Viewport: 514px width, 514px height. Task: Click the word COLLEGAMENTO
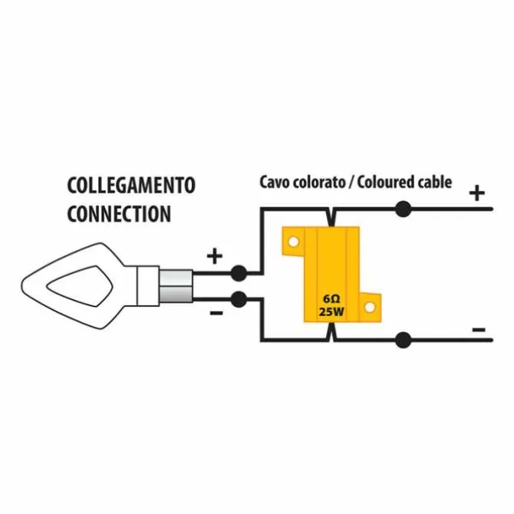131,185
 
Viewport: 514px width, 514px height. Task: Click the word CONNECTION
119,214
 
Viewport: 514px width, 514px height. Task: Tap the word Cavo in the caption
274,183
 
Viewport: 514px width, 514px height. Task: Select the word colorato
318,183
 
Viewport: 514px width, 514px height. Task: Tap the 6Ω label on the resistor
331,299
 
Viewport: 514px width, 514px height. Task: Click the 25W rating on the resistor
331,311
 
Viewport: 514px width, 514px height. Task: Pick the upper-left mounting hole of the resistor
293,242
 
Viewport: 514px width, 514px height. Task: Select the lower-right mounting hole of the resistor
370,308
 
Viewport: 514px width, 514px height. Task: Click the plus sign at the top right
477,193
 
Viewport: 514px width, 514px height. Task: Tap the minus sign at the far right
479,329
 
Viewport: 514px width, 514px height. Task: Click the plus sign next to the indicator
215,256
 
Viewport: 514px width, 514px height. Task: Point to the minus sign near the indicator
216,313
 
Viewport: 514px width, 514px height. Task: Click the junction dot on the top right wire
403,209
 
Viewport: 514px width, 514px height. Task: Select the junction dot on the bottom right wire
403,340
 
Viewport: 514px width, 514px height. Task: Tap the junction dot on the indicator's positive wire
239,273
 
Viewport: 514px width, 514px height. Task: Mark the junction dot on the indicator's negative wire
239,299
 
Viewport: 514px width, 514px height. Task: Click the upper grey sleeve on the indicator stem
176,277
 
